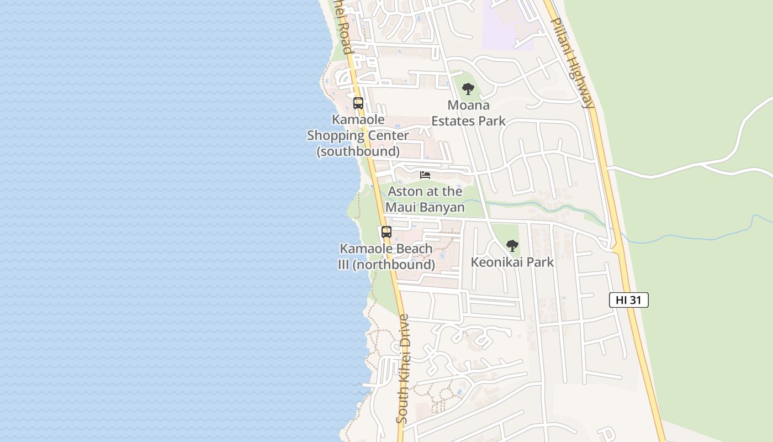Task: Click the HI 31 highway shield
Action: (628, 300)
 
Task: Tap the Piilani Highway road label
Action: (574, 62)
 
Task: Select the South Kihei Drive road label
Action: (403, 369)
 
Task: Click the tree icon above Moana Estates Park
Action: (468, 88)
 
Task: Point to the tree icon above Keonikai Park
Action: (512, 245)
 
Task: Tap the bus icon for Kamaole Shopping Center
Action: (358, 103)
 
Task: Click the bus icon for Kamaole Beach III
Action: (386, 232)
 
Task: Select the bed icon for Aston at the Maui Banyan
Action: (425, 175)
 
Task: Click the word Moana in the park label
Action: (468, 105)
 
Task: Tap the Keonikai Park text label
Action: (512, 262)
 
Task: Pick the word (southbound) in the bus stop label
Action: (358, 151)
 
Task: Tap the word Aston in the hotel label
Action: (405, 192)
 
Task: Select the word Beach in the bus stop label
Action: (410, 249)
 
